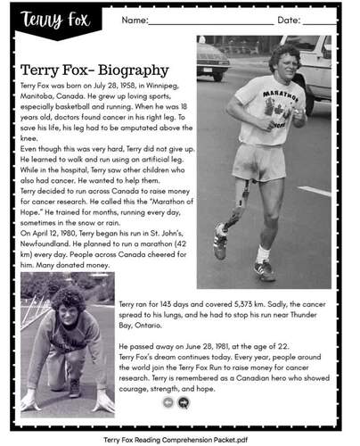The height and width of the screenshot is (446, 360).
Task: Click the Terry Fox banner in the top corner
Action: pos(45,20)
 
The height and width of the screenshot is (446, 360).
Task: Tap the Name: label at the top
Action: pos(135,20)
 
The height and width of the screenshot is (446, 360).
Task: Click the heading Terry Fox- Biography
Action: pos(94,70)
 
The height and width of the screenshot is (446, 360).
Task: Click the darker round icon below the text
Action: pos(184,402)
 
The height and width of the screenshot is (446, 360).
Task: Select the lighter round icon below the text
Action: pos(168,402)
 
